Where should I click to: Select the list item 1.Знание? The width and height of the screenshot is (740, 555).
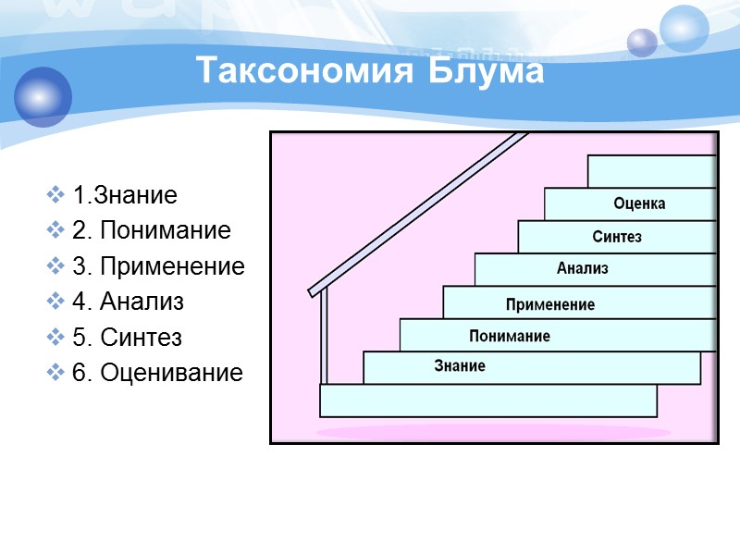pyautogui.click(x=125, y=196)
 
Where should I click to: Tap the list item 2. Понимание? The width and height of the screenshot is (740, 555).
pyautogui.click(x=152, y=231)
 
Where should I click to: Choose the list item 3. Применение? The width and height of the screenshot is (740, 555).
pyautogui.click(x=158, y=267)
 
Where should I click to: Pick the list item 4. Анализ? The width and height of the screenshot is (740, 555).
pyautogui.click(x=129, y=302)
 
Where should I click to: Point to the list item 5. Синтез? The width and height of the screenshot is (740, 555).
pyautogui.click(x=130, y=338)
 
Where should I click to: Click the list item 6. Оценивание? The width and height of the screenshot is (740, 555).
pyautogui.click(x=157, y=373)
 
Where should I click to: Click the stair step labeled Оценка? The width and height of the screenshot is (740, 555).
pyautogui.click(x=638, y=203)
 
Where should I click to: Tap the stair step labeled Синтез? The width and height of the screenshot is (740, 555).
pyautogui.click(x=617, y=237)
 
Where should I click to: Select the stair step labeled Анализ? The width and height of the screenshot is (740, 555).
pyautogui.click(x=583, y=269)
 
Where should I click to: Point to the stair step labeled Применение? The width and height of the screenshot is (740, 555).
pyautogui.click(x=550, y=303)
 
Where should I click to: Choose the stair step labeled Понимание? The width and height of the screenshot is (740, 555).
pyautogui.click(x=510, y=336)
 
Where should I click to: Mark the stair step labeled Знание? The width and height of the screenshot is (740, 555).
pyautogui.click(x=460, y=367)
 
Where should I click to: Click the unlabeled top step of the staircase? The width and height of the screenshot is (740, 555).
pyautogui.click(x=652, y=171)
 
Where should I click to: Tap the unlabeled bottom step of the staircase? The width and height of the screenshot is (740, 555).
pyautogui.click(x=487, y=401)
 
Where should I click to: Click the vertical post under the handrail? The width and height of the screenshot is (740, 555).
pyautogui.click(x=324, y=338)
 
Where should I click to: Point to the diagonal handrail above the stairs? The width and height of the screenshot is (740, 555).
pyautogui.click(x=416, y=214)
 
